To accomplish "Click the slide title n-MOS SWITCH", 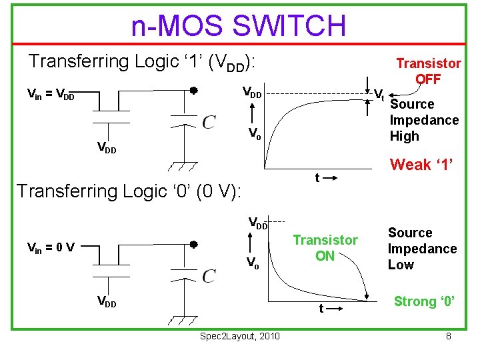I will (x=239, y=26).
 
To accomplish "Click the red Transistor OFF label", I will (x=428, y=71).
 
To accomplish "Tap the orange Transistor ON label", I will (x=325, y=247).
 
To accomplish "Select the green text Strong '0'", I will (x=425, y=301).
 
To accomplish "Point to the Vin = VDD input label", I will (x=50, y=96).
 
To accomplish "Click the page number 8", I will (x=449, y=336).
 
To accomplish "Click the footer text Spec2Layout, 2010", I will (x=240, y=335).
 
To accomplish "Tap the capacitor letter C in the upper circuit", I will (x=209, y=123).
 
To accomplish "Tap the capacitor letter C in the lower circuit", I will (x=209, y=275).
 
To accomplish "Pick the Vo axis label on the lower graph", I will (x=253, y=263).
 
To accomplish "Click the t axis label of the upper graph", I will (x=317, y=177).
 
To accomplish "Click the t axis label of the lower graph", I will (x=321, y=309).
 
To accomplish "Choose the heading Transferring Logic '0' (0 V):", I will (x=132, y=191).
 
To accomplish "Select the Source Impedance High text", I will (x=424, y=120).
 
